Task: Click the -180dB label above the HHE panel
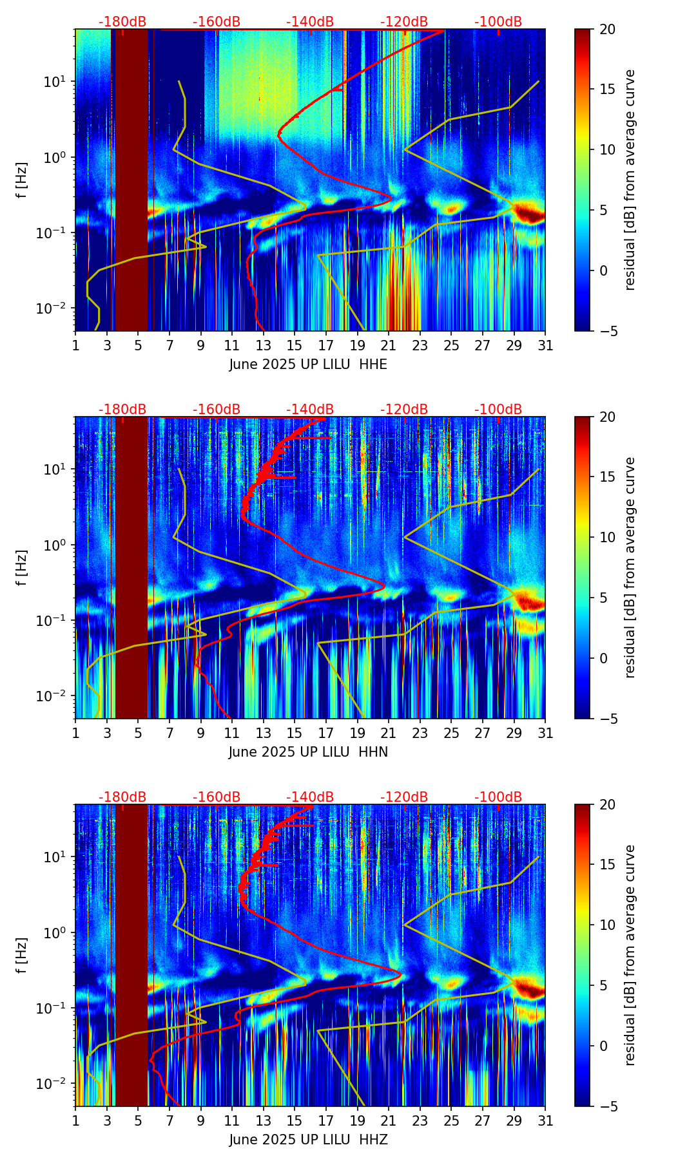tap(122, 22)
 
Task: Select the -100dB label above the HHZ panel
tap(498, 797)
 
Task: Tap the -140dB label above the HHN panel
tap(310, 410)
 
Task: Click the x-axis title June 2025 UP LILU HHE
tap(308, 364)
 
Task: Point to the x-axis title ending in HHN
tap(308, 752)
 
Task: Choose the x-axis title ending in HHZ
tap(308, 1140)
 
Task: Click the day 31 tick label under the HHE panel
tap(545, 346)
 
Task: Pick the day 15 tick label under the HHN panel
tap(295, 733)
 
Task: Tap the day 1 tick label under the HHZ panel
tap(75, 1121)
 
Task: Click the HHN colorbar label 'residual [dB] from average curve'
tap(630, 567)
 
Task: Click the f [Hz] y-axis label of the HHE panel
tap(22, 180)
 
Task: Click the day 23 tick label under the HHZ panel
tap(420, 1121)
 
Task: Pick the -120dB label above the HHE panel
tap(404, 22)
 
